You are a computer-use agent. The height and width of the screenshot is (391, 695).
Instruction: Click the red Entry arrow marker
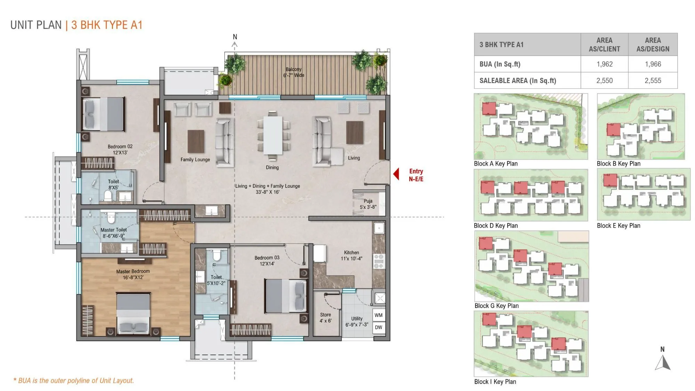[396, 174]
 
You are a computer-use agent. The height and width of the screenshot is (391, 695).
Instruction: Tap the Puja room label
[368, 204]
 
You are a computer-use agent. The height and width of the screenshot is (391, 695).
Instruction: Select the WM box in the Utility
[378, 315]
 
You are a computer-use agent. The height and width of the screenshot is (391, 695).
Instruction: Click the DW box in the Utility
[378, 327]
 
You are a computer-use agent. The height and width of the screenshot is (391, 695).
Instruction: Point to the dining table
[273, 135]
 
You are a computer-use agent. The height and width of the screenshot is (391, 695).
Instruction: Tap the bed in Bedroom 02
[104, 114]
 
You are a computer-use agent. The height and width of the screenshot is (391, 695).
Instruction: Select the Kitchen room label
[351, 255]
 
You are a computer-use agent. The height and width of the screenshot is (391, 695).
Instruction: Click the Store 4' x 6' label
[326, 318]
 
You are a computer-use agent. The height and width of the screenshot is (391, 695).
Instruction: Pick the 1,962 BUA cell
[604, 64]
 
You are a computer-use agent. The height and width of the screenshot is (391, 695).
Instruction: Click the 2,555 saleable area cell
[653, 81]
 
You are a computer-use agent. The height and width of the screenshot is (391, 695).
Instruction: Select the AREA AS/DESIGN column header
[653, 44]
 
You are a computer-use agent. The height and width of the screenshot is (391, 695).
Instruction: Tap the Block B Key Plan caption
[619, 164]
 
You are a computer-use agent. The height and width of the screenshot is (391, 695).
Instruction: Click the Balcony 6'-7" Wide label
[294, 72]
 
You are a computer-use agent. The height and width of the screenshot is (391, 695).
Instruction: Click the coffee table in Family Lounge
[196, 141]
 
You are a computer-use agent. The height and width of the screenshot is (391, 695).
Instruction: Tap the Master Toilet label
[114, 233]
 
